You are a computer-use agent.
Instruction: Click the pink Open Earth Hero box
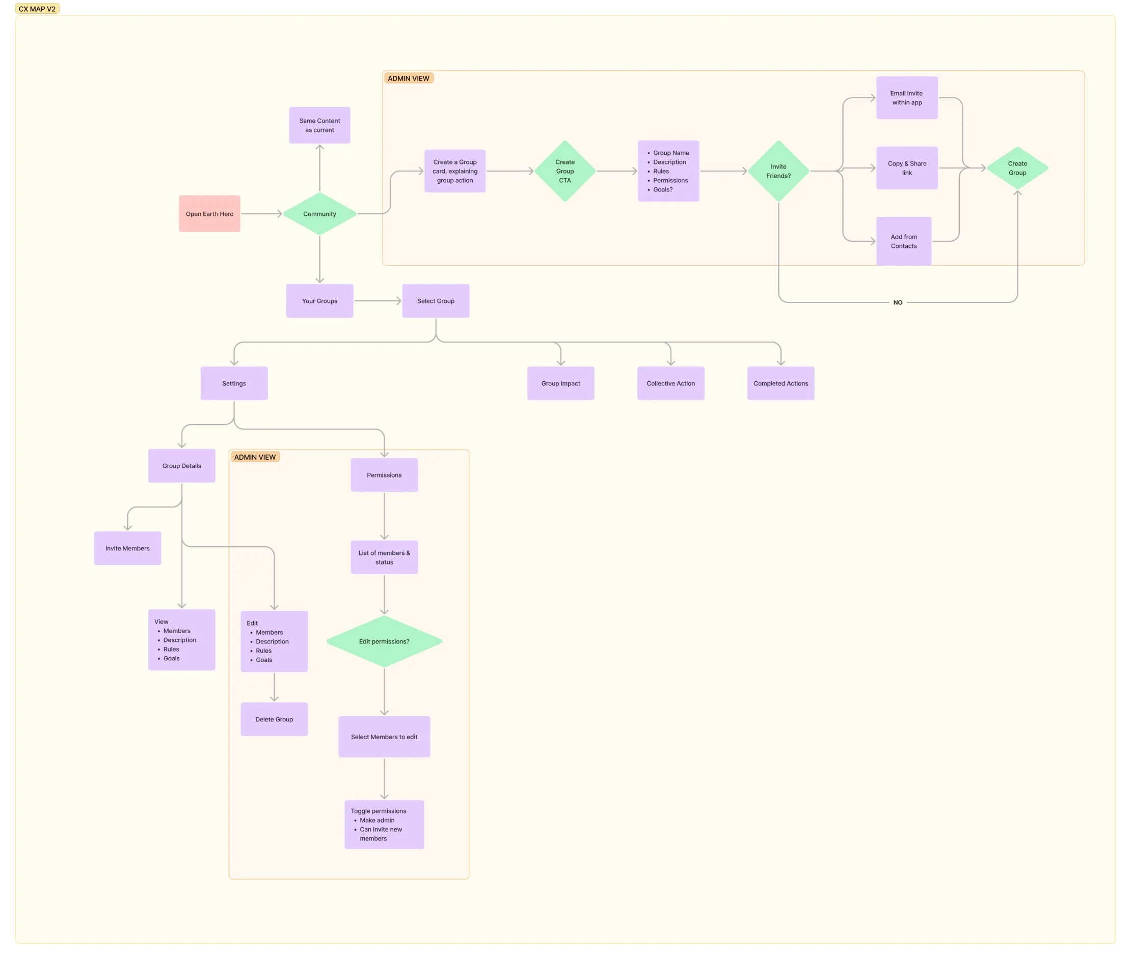click(209, 214)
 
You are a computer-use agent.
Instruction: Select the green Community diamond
click(319, 214)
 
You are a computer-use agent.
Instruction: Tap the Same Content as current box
click(319, 125)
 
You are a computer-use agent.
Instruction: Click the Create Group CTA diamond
click(564, 171)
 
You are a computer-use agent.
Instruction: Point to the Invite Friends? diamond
click(778, 171)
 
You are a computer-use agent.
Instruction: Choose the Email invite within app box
click(906, 98)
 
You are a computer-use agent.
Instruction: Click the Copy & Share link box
click(906, 168)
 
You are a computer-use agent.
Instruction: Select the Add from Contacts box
click(904, 241)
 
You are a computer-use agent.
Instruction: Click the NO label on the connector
click(898, 302)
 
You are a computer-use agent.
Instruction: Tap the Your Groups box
click(319, 301)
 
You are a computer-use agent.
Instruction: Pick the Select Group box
click(435, 301)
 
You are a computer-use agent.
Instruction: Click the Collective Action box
click(670, 383)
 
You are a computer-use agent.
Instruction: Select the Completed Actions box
click(780, 383)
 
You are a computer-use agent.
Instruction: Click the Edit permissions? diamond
click(384, 641)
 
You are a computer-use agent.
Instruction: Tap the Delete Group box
click(274, 719)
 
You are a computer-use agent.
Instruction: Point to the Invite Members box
click(127, 548)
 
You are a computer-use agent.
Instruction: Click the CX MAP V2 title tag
click(37, 9)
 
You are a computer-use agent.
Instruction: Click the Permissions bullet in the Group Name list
click(670, 181)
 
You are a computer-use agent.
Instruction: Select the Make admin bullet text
click(377, 820)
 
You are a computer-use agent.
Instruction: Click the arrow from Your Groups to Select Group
click(378, 301)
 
